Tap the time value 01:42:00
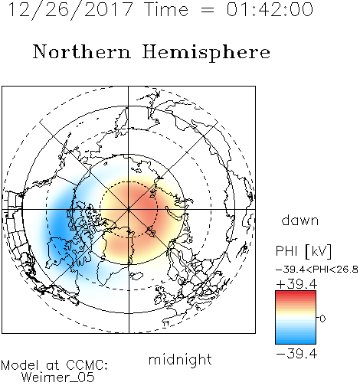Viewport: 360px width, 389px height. (270, 10)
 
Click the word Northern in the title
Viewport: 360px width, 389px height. (82, 52)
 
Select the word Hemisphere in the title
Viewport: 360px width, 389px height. (206, 53)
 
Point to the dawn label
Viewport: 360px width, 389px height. (300, 221)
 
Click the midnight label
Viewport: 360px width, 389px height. (180, 360)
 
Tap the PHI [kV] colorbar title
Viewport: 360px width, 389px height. (303, 251)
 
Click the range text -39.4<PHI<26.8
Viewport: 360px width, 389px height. (317, 270)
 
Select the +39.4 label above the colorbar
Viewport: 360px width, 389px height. (296, 284)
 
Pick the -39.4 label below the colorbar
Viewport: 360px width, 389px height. (296, 354)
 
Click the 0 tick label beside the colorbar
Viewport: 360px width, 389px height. (322, 319)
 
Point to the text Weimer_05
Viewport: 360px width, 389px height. (57, 377)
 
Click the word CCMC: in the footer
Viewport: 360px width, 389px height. (87, 365)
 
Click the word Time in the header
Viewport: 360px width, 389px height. (166, 10)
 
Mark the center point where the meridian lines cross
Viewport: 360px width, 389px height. (129, 210)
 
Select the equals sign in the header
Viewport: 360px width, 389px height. (207, 10)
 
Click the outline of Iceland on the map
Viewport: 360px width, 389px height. (136, 276)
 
